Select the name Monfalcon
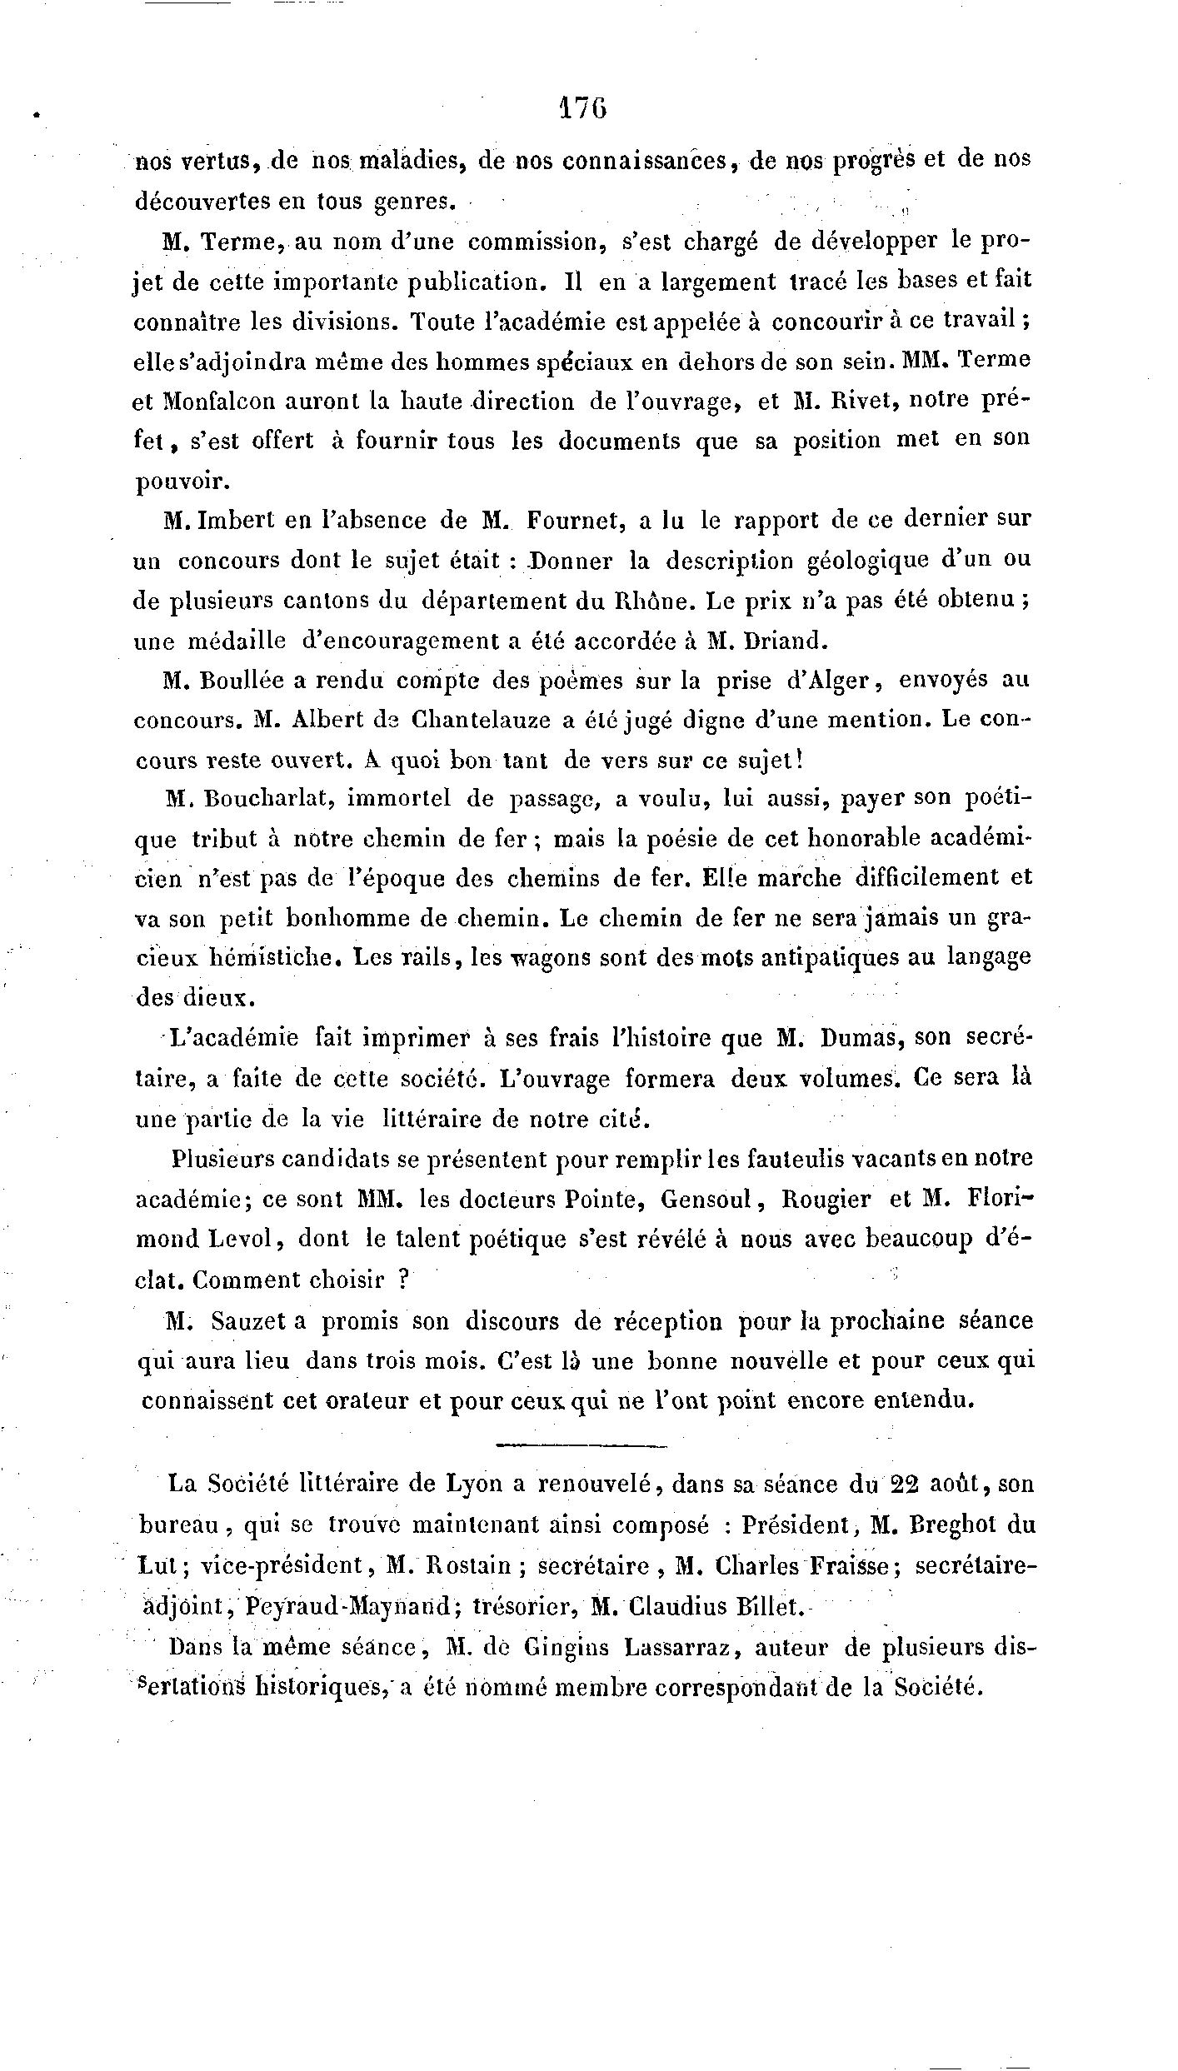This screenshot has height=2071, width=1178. pyautogui.click(x=222, y=402)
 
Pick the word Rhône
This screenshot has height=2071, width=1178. pyautogui.click(x=666, y=601)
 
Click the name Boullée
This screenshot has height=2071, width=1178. pyautogui.click(x=238, y=681)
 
